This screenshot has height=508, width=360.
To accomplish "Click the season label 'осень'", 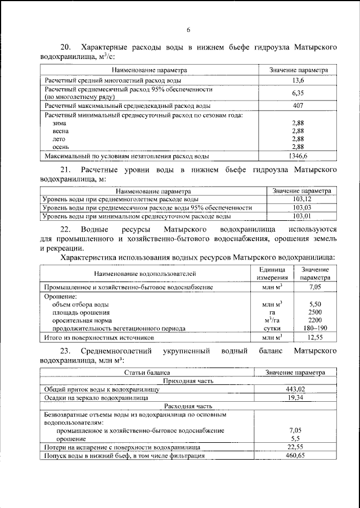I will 60,147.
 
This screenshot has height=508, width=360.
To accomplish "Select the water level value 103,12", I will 302,199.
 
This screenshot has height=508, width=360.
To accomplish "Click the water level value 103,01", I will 302,216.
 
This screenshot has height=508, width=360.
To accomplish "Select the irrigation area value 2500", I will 315,311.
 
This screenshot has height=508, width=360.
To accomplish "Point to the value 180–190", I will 315,328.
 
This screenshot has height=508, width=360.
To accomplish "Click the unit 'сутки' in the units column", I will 272,328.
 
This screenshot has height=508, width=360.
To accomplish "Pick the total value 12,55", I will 315,338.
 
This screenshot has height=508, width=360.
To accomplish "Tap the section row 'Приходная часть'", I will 187,380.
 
